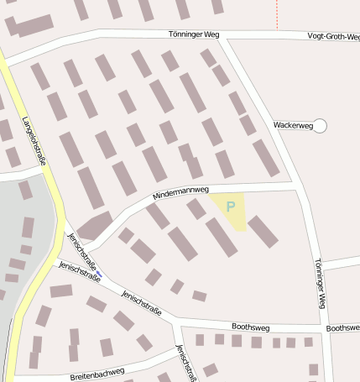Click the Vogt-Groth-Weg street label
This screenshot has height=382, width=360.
coord(333,36)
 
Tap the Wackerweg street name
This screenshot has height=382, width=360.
coord(292,125)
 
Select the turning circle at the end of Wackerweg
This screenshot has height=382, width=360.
coord(319,126)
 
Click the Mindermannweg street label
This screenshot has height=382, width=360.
coord(180,193)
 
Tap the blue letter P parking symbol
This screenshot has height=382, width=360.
coord(231,205)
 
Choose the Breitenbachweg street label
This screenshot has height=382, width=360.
coord(97,372)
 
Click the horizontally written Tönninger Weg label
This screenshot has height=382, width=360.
coord(193,35)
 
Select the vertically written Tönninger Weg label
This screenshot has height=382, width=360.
coord(318,282)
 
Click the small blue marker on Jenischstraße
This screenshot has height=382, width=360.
coord(99,274)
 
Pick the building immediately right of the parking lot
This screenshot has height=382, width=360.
coord(263,232)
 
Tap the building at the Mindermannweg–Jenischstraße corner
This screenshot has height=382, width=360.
coord(95,225)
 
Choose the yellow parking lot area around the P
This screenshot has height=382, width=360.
coord(229,212)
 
